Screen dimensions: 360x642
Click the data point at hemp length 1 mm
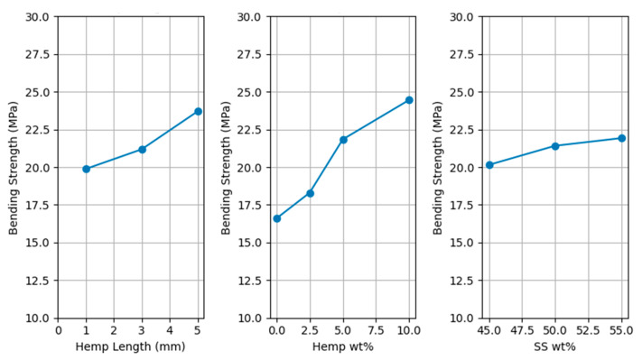click(87, 169)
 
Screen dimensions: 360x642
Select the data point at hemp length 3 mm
click(143, 149)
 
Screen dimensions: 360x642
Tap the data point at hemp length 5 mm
click(198, 111)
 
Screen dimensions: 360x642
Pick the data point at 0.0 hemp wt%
click(277, 218)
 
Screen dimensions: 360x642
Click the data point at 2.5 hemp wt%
click(310, 193)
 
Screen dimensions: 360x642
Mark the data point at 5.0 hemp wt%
click(343, 140)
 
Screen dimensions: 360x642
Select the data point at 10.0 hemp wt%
click(409, 100)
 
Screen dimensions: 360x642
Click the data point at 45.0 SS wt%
click(489, 165)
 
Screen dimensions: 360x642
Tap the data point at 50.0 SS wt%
click(555, 146)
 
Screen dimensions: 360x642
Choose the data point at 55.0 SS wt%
click(621, 138)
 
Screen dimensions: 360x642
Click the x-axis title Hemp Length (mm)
click(131, 346)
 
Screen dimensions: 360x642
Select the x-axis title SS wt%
click(555, 346)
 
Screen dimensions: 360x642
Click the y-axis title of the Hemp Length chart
click(14, 168)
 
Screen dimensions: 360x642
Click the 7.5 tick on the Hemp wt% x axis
click(376, 330)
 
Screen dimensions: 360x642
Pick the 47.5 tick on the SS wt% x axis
click(522, 330)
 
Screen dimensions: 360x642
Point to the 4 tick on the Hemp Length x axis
click(170, 330)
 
